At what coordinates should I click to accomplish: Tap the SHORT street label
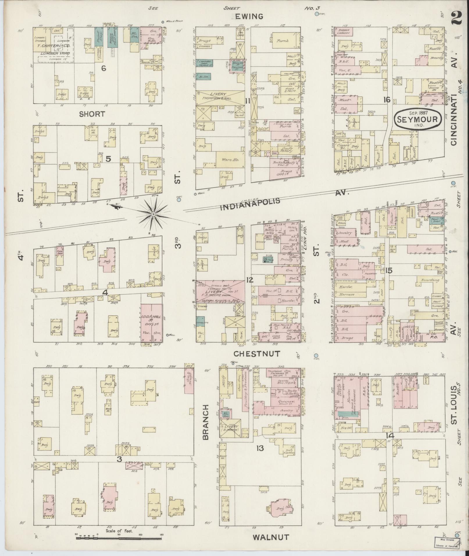[x=92, y=114]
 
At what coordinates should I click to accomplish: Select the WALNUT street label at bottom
[x=271, y=537]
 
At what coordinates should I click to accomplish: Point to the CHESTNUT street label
[x=257, y=353]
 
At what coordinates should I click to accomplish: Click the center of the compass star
[x=153, y=214]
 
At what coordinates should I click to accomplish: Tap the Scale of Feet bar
[x=119, y=538]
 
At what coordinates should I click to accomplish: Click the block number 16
[x=386, y=100]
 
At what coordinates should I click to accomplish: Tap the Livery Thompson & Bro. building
[x=220, y=97]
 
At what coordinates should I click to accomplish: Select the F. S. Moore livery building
[x=220, y=291]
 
